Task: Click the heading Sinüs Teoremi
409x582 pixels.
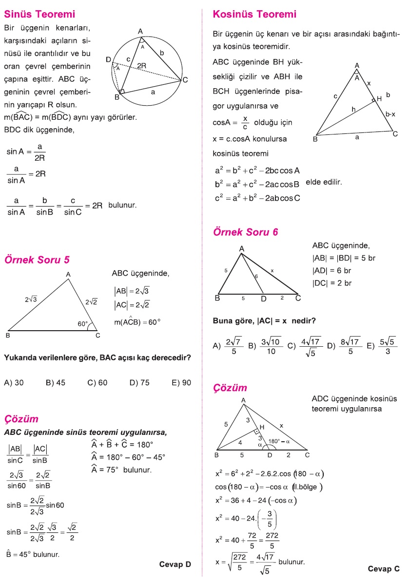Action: [39, 14]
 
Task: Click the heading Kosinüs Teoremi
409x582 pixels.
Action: [254, 14]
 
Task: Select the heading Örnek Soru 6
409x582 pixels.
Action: [246, 232]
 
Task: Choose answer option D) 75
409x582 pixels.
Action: [139, 383]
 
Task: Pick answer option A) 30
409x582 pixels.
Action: [14, 383]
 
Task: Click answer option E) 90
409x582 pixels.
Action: [181, 383]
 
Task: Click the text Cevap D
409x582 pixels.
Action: [175, 564]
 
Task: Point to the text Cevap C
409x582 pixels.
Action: [384, 568]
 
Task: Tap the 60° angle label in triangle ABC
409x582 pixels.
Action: [83, 323]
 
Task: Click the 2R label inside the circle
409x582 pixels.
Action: [141, 65]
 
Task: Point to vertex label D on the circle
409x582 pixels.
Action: [108, 59]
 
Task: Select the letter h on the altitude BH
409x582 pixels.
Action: [353, 110]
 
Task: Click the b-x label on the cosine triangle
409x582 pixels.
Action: [390, 114]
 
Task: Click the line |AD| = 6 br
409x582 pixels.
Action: [332, 270]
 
